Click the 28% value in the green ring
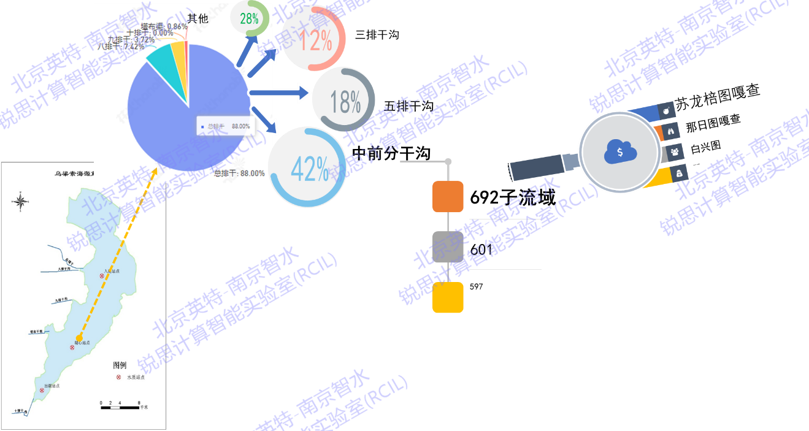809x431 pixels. tap(249, 18)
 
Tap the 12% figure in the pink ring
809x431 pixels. tap(315, 40)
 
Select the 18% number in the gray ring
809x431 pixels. tap(345, 101)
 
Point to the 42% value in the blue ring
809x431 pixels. tap(310, 169)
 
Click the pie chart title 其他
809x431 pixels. tap(197, 19)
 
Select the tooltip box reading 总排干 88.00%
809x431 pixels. tap(224, 126)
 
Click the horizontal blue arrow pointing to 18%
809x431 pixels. tap(279, 93)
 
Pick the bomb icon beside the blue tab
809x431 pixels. tap(667, 110)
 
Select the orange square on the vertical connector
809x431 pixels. tap(448, 197)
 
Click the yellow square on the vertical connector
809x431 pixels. tap(448, 297)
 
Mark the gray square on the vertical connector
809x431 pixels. tap(448, 246)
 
